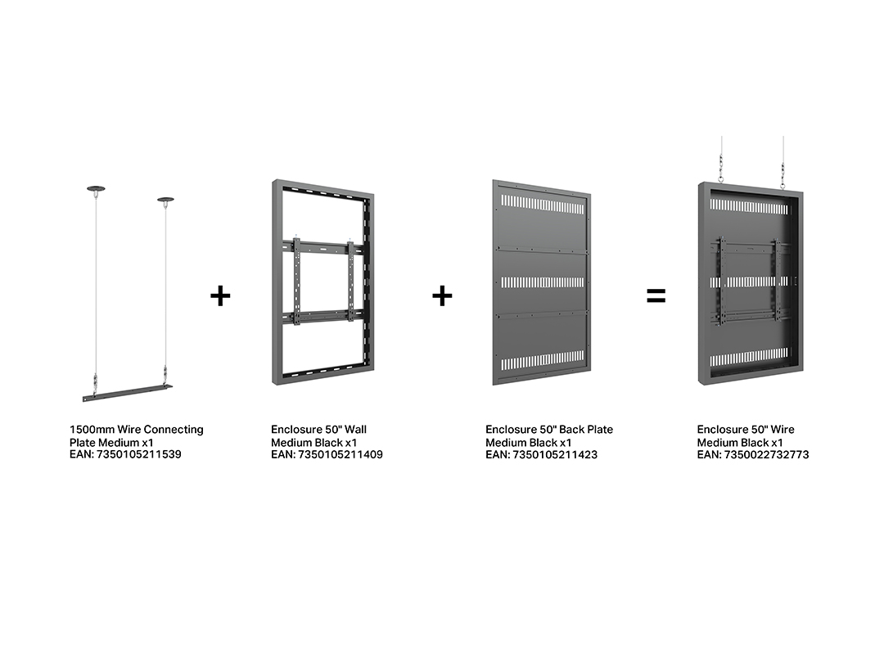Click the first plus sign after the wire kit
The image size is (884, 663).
coord(220,296)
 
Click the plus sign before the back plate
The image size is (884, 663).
coord(443,296)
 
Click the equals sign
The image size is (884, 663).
coord(656,296)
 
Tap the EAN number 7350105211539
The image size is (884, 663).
coord(139,454)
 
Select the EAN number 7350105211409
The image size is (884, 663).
coord(341,454)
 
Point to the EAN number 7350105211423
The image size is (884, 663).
coord(555,454)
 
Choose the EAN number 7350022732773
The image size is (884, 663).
coord(767,454)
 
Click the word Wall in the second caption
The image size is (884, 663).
coord(355,430)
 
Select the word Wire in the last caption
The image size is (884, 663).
coord(782,430)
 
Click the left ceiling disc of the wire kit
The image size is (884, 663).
coord(96,188)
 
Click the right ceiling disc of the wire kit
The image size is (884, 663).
coord(165,200)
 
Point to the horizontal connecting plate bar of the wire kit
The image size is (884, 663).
coord(128,393)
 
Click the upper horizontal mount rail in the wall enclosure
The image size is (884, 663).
coord(323,246)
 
